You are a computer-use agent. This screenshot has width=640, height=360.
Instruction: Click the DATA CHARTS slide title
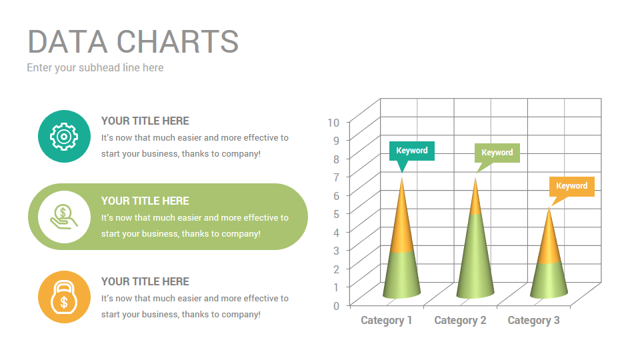pos(133,41)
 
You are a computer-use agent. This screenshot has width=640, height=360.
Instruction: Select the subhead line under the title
pos(95,67)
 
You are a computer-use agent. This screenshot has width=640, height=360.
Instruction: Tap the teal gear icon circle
pos(64,136)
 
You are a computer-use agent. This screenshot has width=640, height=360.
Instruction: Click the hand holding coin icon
pos(64,217)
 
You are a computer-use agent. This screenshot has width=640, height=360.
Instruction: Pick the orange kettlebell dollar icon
pos(64,297)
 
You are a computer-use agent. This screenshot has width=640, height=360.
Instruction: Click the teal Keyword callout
pos(412,151)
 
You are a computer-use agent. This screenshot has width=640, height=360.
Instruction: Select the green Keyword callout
pos(497,153)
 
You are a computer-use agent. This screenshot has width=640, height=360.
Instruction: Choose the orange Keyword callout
pos(571,186)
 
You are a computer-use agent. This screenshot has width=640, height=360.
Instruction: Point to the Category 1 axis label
pos(387,321)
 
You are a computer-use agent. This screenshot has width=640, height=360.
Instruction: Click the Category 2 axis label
pos(460,321)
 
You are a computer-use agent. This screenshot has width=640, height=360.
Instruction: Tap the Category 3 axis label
pos(533,321)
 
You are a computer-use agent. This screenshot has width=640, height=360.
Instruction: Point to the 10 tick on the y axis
pos(333,122)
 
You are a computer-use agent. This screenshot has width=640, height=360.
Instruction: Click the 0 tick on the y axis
pos(336,305)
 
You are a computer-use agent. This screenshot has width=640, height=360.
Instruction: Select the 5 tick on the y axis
pos(336,214)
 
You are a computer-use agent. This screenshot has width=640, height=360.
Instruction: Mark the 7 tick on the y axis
pos(336,177)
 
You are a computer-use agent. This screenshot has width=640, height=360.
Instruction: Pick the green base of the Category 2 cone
pos(475,260)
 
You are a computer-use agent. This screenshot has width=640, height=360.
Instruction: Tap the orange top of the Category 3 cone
pos(549,240)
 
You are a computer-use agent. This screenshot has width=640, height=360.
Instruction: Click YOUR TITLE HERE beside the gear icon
pos(145,121)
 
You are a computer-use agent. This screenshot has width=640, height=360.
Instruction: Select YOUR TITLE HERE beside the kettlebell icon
pos(145,281)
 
